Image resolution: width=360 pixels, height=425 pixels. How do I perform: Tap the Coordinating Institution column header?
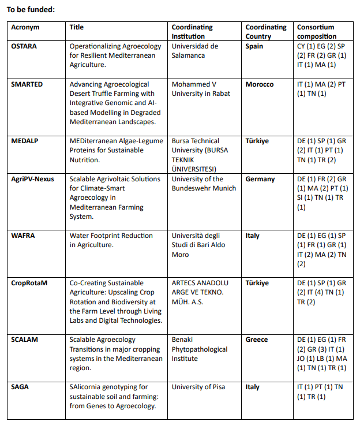(x=192, y=31)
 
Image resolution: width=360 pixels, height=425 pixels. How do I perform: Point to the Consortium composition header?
(x=316, y=31)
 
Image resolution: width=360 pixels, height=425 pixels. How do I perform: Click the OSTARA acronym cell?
(x=24, y=46)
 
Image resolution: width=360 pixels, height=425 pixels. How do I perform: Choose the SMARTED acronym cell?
(x=27, y=84)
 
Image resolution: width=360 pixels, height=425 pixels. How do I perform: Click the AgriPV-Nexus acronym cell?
(x=32, y=179)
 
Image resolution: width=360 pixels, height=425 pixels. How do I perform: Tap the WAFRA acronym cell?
(x=24, y=236)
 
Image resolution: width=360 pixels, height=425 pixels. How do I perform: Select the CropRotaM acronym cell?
(x=29, y=283)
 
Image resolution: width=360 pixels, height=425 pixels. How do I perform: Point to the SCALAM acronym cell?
(x=25, y=340)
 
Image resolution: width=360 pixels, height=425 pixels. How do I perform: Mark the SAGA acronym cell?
(x=21, y=387)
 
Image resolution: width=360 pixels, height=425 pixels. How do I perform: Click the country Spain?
(x=254, y=46)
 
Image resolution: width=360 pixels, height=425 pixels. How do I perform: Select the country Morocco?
(x=260, y=84)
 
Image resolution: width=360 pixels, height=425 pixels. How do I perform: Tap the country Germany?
(x=260, y=179)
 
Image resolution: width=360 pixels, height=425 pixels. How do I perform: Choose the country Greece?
(x=257, y=340)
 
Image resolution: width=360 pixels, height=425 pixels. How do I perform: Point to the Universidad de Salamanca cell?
(x=195, y=51)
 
